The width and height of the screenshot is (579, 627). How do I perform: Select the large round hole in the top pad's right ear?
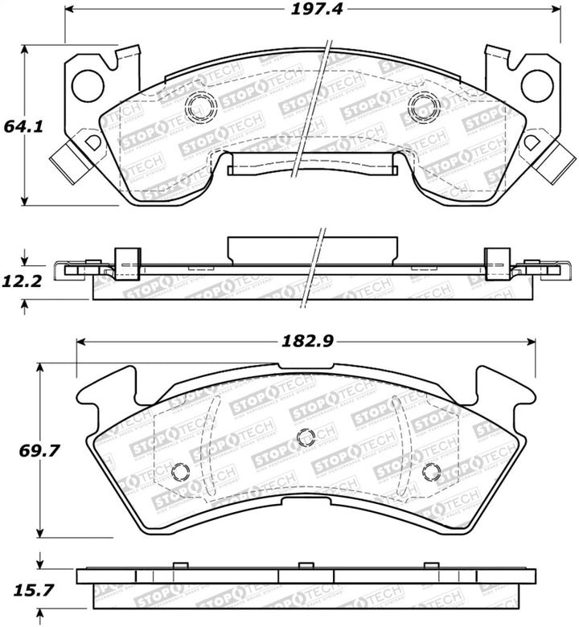click(536, 83)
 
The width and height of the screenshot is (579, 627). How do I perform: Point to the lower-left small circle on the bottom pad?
click(180, 472)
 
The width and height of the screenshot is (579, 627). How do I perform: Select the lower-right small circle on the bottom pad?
click(430, 472)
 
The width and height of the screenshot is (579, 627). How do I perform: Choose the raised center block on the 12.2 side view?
click(313, 248)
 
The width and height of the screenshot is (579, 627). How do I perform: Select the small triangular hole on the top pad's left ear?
click(92, 142)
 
